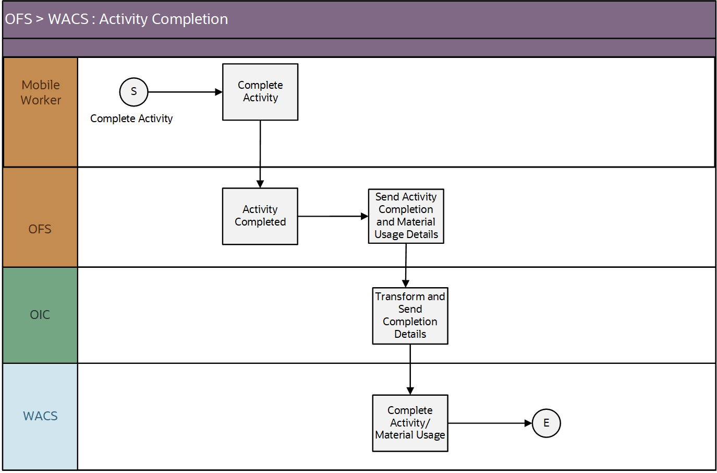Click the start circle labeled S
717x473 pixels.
tap(133, 92)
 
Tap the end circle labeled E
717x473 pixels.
tap(546, 423)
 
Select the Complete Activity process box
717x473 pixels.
tap(260, 92)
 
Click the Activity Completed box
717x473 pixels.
tap(260, 216)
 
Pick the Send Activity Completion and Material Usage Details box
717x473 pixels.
tap(406, 216)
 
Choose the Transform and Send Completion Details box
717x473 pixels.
tap(410, 316)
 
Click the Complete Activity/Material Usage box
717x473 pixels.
tap(410, 423)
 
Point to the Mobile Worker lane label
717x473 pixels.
tap(41, 92)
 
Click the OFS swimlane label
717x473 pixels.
tap(40, 229)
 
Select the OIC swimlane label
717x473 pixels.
tap(40, 315)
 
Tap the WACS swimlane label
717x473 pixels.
tap(40, 416)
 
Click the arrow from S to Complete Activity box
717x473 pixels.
tap(185, 92)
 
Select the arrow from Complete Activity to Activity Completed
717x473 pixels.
tap(260, 154)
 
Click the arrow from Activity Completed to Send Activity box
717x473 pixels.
tap(333, 216)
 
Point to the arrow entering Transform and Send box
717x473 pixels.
tap(406, 265)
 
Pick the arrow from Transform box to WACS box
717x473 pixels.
tap(410, 369)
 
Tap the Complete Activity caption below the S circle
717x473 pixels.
tap(131, 119)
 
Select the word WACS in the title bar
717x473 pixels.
tap(68, 19)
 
